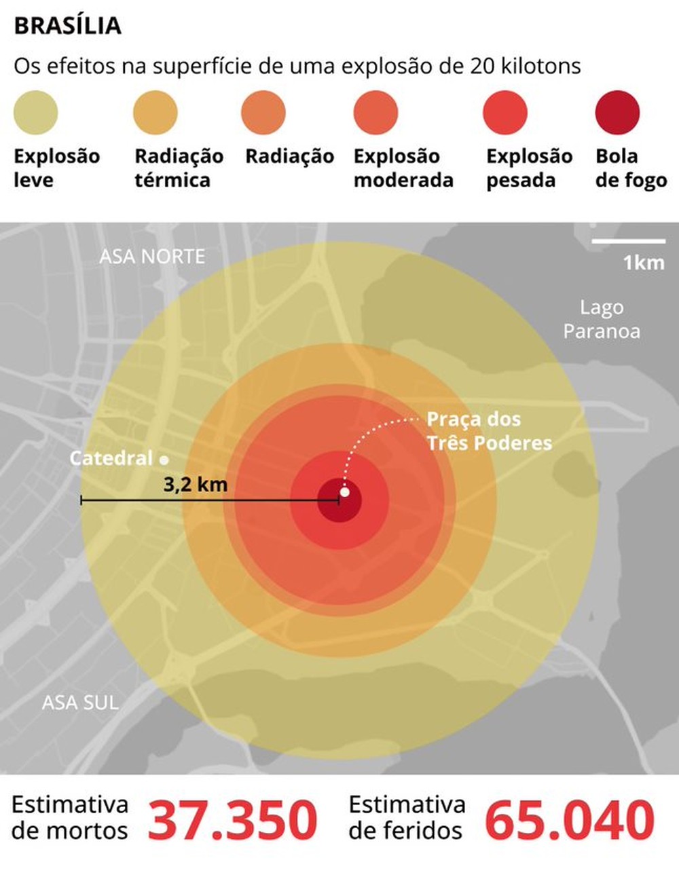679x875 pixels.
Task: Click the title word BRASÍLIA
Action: click(x=67, y=26)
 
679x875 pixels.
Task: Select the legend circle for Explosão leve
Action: click(x=36, y=113)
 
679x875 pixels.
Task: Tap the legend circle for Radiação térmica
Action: click(x=155, y=113)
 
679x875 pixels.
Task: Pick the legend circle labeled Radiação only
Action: click(x=263, y=113)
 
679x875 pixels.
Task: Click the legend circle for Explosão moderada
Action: click(x=375, y=113)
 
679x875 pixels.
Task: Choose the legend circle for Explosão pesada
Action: click(x=505, y=113)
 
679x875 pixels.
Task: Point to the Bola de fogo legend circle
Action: click(x=617, y=113)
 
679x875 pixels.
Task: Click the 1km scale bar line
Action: click(x=628, y=241)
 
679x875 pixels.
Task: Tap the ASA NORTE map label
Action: click(x=152, y=257)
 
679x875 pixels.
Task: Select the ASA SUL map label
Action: click(x=80, y=702)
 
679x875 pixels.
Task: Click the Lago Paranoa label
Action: click(x=602, y=319)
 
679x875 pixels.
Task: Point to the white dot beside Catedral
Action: click(x=164, y=460)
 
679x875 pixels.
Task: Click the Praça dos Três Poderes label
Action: click(x=489, y=431)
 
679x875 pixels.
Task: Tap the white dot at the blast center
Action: click(x=344, y=492)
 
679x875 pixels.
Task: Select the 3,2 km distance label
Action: click(x=195, y=485)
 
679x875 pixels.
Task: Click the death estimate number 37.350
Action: click(x=232, y=820)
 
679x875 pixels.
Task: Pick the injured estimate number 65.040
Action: click(x=570, y=820)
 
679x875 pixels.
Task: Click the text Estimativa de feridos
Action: click(x=407, y=817)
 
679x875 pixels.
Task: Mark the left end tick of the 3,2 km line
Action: click(x=81, y=501)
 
